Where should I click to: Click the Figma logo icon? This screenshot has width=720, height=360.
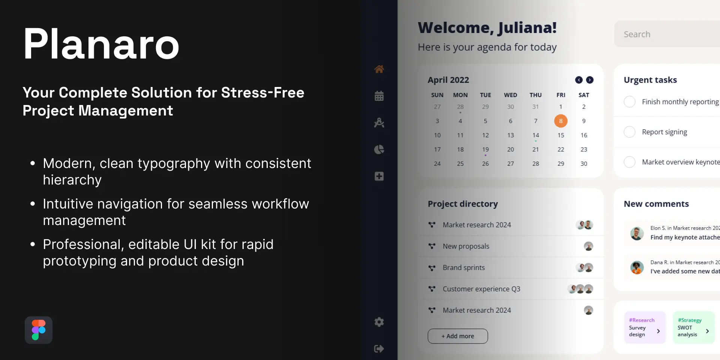(x=39, y=330)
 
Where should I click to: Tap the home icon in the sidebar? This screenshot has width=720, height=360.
(x=379, y=69)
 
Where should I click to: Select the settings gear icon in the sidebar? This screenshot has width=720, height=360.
(x=379, y=322)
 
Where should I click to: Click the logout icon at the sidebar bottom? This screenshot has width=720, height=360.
(x=379, y=349)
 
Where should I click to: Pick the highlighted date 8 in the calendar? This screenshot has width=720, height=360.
(x=561, y=121)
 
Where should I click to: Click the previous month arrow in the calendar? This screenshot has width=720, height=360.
(x=579, y=80)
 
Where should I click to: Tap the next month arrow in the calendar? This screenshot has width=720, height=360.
(x=590, y=80)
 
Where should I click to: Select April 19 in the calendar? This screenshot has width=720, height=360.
(x=486, y=149)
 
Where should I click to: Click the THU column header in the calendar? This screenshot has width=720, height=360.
(x=535, y=95)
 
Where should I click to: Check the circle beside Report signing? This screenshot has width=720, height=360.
(x=630, y=132)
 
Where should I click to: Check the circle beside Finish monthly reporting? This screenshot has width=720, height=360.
(x=630, y=102)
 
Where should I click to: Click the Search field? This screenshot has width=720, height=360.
(x=667, y=34)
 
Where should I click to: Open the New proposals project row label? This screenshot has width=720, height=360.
(x=466, y=246)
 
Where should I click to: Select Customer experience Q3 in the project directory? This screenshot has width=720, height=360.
(x=481, y=289)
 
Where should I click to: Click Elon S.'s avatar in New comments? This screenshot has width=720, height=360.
(x=637, y=233)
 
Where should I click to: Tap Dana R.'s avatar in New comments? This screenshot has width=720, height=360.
(x=637, y=267)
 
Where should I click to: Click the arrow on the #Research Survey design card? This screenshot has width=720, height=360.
(x=658, y=331)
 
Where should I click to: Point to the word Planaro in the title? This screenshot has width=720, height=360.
(x=101, y=44)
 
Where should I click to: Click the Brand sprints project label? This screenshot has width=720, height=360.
(x=464, y=268)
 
